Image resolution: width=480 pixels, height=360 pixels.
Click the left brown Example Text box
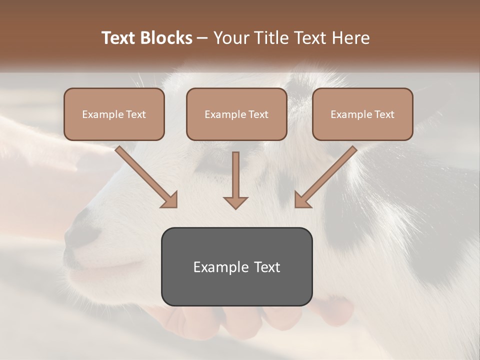click(x=114, y=114)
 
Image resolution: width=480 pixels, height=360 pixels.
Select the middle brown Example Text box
click(x=236, y=114)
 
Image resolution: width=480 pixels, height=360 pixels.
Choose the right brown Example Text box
click(x=362, y=114)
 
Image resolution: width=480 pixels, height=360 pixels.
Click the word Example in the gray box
click(x=217, y=267)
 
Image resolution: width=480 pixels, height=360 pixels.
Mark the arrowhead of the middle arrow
click(x=235, y=202)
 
